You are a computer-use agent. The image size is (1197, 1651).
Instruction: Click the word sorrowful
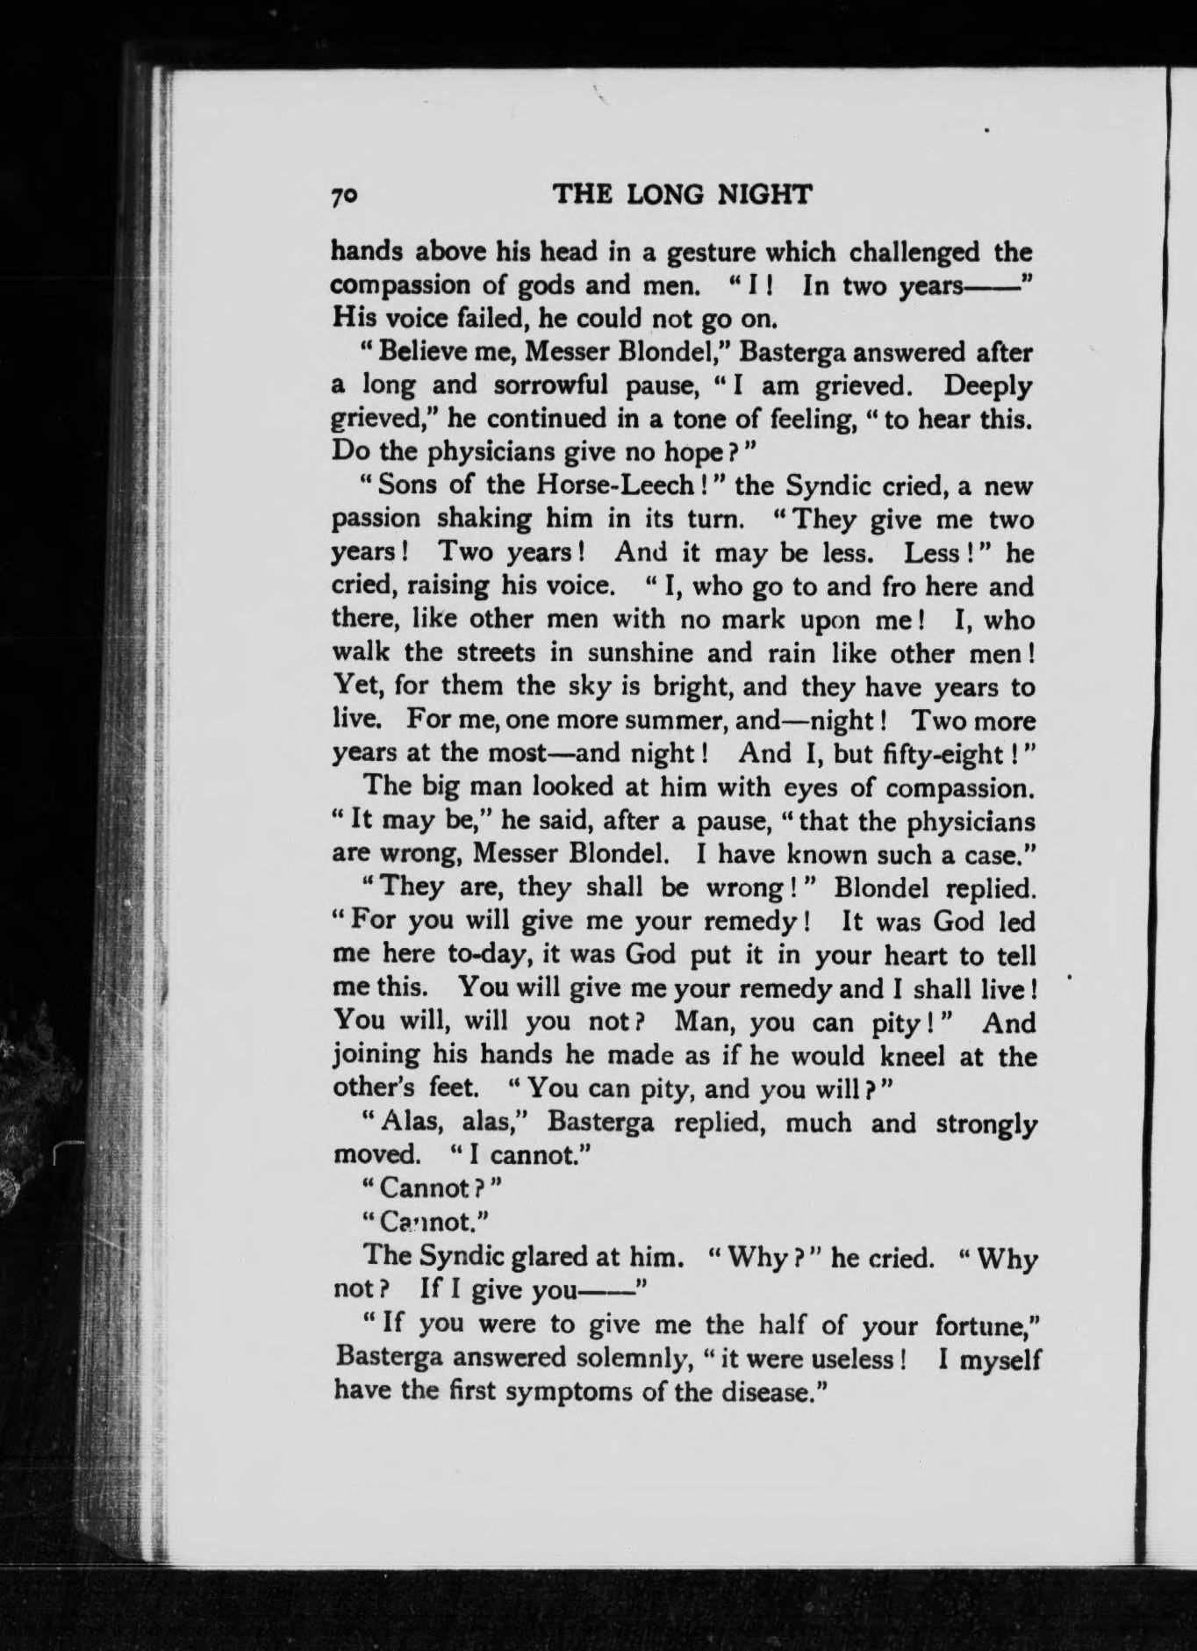click(x=556, y=385)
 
